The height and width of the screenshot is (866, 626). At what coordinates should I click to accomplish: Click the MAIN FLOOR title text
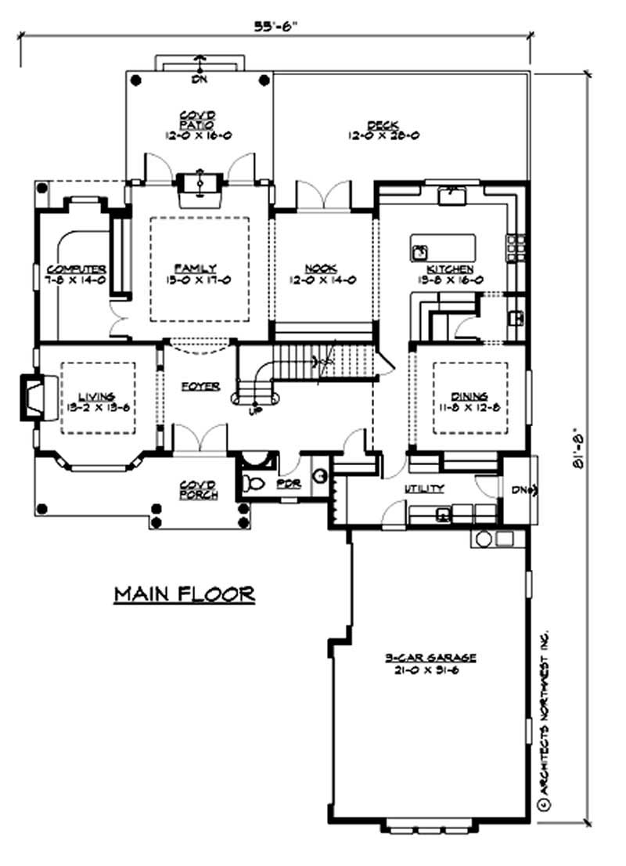[x=185, y=594]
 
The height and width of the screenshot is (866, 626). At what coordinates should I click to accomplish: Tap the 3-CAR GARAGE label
[x=430, y=657]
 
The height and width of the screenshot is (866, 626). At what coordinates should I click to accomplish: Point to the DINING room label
[x=469, y=396]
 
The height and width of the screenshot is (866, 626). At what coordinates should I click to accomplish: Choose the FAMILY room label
[x=200, y=268]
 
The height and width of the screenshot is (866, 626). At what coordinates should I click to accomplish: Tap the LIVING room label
[x=97, y=396]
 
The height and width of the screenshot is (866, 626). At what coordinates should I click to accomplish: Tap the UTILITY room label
[x=424, y=489]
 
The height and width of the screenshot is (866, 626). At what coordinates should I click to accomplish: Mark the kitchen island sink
[x=419, y=251]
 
